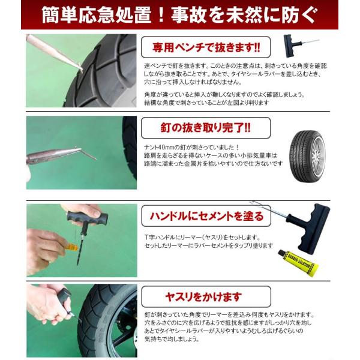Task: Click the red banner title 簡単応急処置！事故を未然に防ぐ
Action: click(x=179, y=15)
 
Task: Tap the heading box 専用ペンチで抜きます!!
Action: click(x=206, y=47)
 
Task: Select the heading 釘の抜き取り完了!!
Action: click(x=206, y=128)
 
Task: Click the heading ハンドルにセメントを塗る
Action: click(x=206, y=216)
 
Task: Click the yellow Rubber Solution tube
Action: click(x=298, y=263)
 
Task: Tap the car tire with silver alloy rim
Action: click(x=307, y=157)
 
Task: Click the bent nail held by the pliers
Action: click(x=88, y=153)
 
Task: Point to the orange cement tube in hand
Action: click(x=71, y=247)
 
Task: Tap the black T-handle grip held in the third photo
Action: click(x=87, y=218)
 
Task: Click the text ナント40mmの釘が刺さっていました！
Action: click(x=192, y=147)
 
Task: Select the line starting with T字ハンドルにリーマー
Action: click(x=202, y=237)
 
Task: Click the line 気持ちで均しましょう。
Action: click(x=172, y=338)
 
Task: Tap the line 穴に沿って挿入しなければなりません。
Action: click(x=193, y=82)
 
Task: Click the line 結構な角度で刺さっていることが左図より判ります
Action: click(x=206, y=103)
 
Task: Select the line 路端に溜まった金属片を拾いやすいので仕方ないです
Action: click(x=213, y=163)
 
